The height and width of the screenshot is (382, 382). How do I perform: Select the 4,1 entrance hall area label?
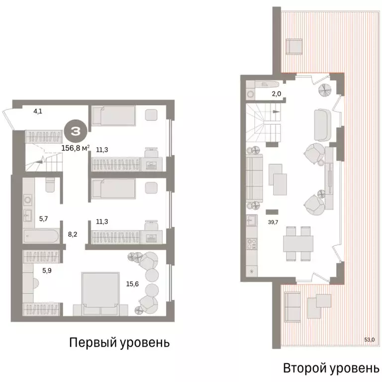tap(37, 111)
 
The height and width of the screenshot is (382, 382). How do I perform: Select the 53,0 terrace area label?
tap(369, 340)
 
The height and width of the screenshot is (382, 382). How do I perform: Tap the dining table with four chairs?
tap(298, 243)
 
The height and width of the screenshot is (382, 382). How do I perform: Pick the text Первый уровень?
tap(119, 343)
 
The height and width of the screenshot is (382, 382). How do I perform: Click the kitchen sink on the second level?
tap(251, 221)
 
